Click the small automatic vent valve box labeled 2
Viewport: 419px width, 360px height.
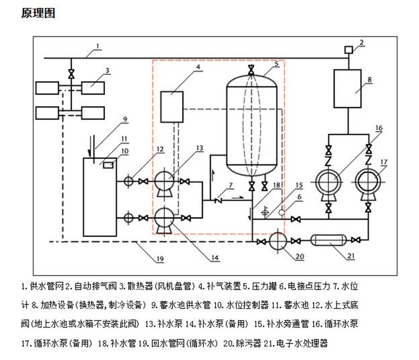point(347,50)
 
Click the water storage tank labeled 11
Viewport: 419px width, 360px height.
point(99,190)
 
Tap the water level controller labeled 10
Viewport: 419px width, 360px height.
point(108,164)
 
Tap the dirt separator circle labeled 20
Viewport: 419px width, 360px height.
point(278,241)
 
